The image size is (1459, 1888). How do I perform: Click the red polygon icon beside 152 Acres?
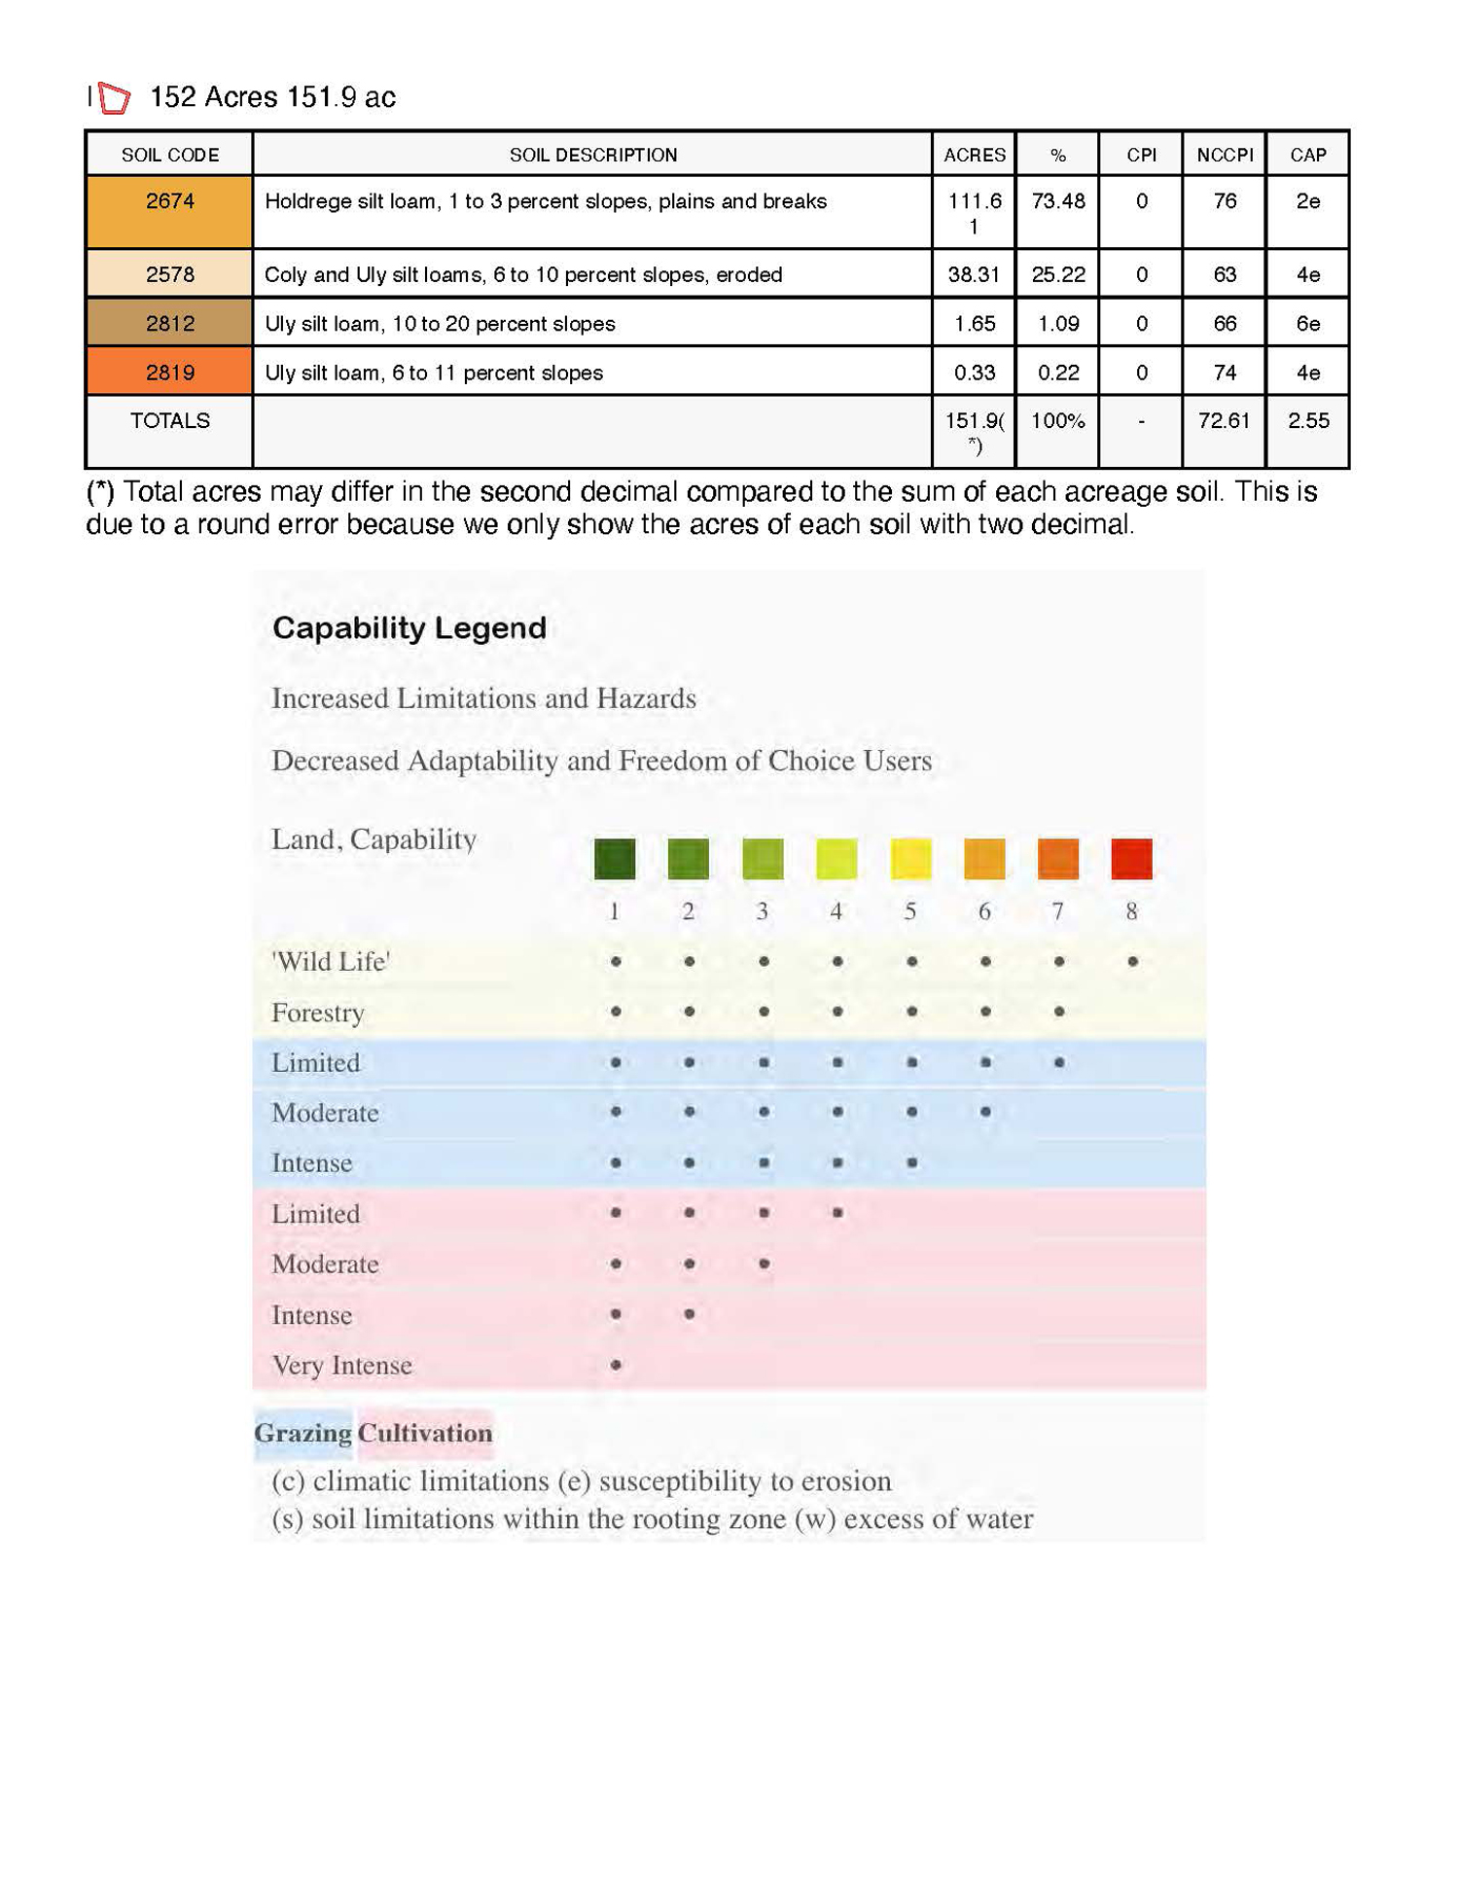(x=114, y=97)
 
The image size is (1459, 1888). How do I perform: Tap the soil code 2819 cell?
(x=169, y=373)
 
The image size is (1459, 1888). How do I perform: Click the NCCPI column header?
(x=1225, y=155)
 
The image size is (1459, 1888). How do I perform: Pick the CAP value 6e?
(x=1307, y=323)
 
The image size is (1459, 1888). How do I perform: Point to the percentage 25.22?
(x=1058, y=274)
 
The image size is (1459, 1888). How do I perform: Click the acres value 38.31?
(x=974, y=274)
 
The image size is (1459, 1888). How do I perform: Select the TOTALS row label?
(x=169, y=420)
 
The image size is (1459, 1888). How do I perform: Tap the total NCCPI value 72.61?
(x=1224, y=420)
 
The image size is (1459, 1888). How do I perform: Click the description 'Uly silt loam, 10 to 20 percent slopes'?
(x=440, y=323)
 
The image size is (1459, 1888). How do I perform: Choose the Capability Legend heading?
(x=409, y=627)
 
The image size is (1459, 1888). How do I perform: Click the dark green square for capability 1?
(x=615, y=859)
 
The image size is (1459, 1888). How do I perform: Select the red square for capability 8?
(x=1131, y=859)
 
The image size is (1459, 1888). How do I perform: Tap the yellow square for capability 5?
(x=910, y=859)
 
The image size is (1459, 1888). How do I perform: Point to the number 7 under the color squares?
(x=1057, y=911)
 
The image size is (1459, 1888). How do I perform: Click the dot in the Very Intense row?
(x=616, y=1365)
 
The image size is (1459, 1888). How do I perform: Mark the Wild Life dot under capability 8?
(x=1132, y=961)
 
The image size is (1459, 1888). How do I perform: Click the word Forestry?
(x=318, y=1013)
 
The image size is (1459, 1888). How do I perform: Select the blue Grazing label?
(x=302, y=1433)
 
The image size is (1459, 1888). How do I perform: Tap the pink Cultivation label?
(x=425, y=1433)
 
